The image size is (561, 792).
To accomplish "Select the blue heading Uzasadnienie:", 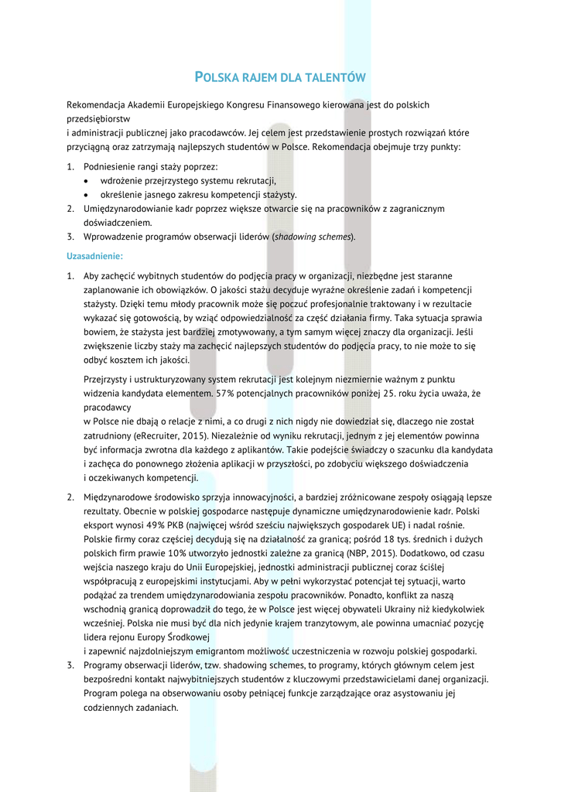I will click(x=94, y=255).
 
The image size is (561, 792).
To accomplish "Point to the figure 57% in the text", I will click(x=225, y=394).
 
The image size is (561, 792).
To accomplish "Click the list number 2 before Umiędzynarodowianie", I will click(x=70, y=209).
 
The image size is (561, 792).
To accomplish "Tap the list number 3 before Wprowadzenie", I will click(x=70, y=237).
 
